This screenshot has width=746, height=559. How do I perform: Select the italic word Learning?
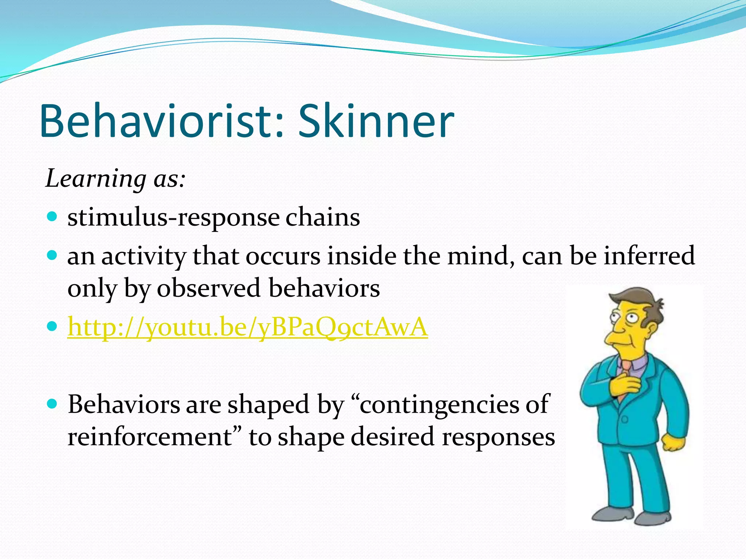(96, 179)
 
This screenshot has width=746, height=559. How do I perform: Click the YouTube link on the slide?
(248, 327)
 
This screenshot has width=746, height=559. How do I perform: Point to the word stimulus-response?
(173, 218)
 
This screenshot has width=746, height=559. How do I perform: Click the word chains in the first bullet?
(323, 218)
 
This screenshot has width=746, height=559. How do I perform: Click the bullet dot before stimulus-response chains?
(52, 217)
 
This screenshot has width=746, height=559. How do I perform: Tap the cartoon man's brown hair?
(641, 298)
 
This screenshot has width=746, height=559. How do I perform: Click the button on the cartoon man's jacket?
(624, 420)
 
